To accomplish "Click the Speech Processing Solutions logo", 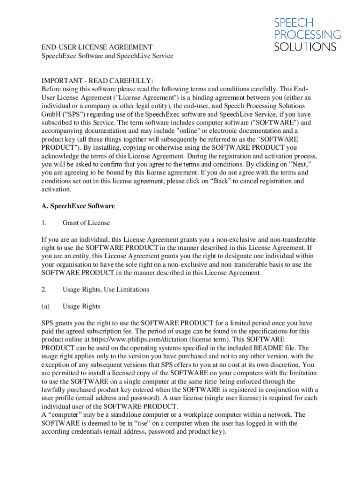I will point(307,34).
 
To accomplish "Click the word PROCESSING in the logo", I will point(307,34).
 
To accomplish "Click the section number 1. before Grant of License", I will point(44,223).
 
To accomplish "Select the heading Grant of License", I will point(86,223).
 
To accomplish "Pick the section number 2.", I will point(44,290).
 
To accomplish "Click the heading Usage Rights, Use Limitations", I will point(106,290).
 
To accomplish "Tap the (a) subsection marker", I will point(45,306).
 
